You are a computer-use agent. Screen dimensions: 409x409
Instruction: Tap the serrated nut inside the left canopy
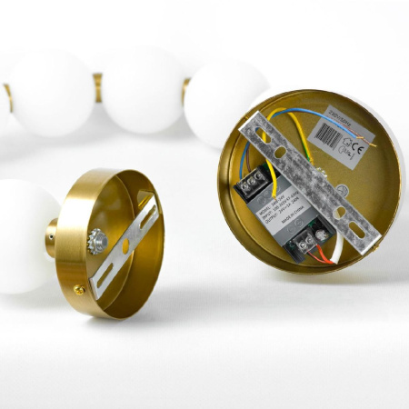(x=96, y=241)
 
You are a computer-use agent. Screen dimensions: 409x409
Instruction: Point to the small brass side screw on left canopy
(x=80, y=291)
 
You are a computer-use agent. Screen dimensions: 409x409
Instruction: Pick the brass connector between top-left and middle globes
(x=96, y=86)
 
